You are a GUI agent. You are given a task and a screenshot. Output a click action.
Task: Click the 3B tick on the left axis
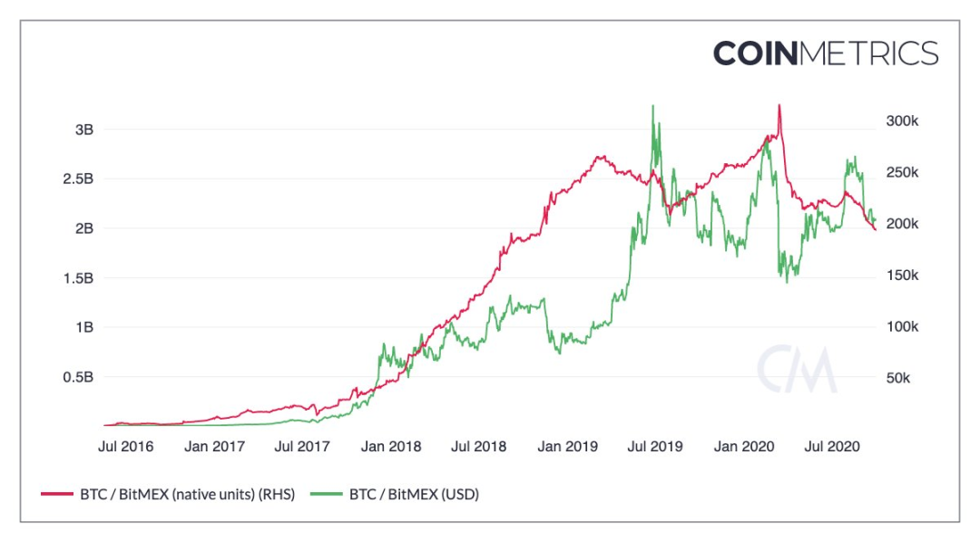click(83, 130)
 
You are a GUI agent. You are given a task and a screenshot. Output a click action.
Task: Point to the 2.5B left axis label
click(77, 179)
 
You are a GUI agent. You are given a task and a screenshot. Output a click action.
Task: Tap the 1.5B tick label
click(77, 277)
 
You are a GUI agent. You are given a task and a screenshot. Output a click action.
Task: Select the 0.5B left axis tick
click(77, 376)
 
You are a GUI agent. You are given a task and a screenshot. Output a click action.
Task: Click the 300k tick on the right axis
click(903, 121)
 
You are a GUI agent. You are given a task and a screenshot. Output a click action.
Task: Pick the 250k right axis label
click(903, 172)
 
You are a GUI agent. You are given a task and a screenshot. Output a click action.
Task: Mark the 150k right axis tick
click(903, 275)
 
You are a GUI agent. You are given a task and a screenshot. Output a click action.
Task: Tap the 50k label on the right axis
click(899, 377)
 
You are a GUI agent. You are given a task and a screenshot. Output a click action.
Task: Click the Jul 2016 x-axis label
click(125, 446)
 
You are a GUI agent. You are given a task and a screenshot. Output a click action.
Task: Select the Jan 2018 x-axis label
click(391, 446)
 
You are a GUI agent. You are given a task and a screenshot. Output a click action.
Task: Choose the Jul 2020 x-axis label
click(832, 446)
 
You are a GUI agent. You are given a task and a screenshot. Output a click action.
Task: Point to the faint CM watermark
click(797, 369)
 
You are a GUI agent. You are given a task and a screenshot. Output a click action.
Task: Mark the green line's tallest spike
click(652, 106)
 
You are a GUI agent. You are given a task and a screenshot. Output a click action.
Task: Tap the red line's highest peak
click(779, 105)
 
